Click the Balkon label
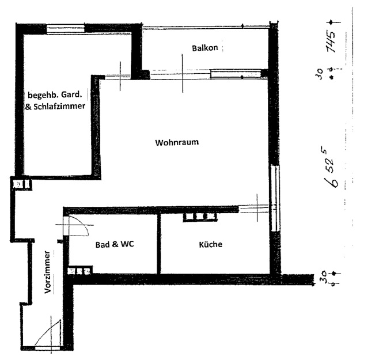[x=204, y=48]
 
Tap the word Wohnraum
[x=177, y=142]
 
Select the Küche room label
[x=211, y=244]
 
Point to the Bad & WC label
[x=115, y=244]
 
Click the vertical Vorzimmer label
[x=48, y=272]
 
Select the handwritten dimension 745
[x=331, y=41]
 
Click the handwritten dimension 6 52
[x=330, y=168]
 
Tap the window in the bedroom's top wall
[x=66, y=28]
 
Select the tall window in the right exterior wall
[x=275, y=198]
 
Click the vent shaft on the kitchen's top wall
[x=200, y=217]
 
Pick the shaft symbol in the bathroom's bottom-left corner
[x=80, y=271]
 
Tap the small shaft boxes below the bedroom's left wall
[x=22, y=184]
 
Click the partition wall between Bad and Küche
[x=159, y=244]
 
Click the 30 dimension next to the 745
[x=319, y=74]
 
